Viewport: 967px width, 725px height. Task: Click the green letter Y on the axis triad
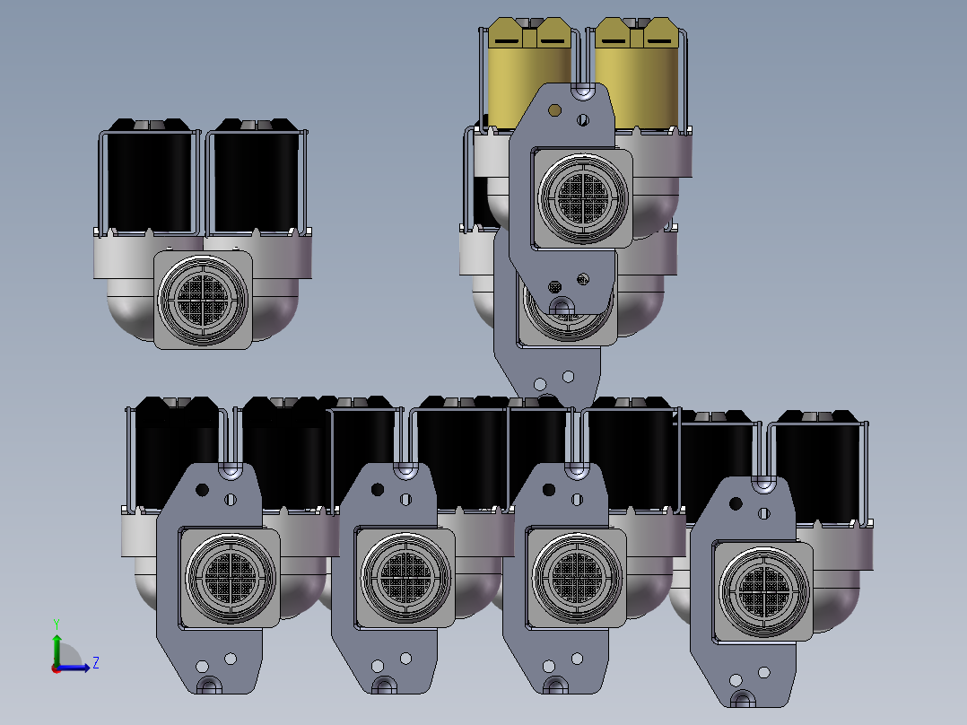point(57,624)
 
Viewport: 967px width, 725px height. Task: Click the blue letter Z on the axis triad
point(96,663)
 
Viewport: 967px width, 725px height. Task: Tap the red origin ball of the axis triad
point(57,668)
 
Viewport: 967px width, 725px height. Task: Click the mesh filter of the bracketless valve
point(203,300)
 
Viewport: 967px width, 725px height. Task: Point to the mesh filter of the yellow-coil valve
point(583,198)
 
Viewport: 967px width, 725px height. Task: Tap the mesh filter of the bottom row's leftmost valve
point(230,578)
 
